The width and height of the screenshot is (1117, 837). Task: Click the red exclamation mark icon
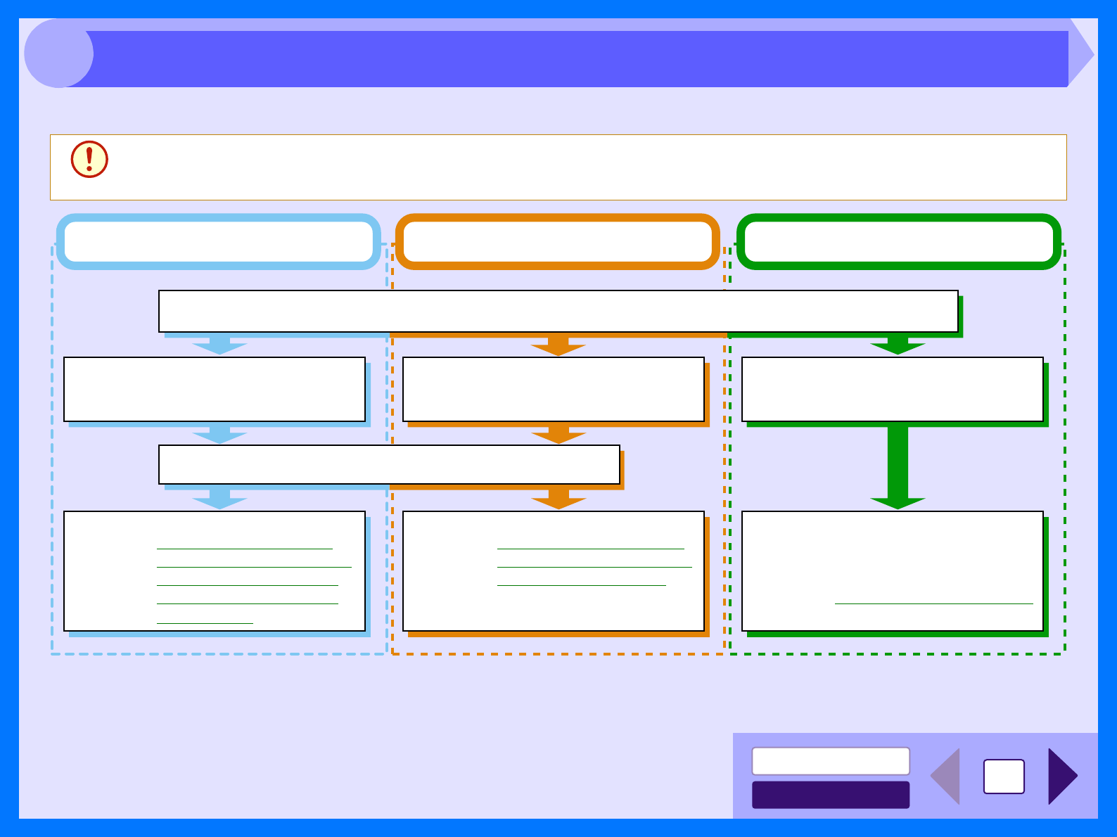tap(89, 160)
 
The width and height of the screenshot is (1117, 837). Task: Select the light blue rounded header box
tap(218, 241)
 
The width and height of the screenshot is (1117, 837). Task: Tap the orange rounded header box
tap(558, 241)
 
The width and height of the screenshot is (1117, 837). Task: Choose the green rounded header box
tap(898, 241)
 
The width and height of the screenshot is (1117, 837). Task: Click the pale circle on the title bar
tap(58, 53)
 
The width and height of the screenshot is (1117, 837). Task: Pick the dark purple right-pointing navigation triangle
tap(1061, 776)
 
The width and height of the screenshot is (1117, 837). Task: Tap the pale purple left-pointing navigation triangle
tap(947, 776)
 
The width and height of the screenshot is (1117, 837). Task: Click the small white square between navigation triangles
tap(1004, 777)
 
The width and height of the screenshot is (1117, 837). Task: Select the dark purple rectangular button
tap(831, 795)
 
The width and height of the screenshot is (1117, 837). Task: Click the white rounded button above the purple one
tap(831, 761)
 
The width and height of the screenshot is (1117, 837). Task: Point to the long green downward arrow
tap(898, 466)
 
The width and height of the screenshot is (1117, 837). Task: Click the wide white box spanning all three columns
tap(558, 311)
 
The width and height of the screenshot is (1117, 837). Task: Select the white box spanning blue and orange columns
tap(389, 464)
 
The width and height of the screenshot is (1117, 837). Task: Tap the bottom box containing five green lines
tap(215, 570)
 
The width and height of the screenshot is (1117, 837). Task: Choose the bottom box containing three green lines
tap(554, 570)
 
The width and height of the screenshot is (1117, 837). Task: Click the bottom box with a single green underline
tap(893, 570)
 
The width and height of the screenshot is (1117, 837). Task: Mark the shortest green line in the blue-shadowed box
tap(205, 623)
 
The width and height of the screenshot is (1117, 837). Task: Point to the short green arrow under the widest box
tap(898, 345)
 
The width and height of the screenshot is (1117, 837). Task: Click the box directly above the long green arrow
tap(893, 389)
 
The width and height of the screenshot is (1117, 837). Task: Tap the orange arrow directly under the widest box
tap(558, 345)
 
